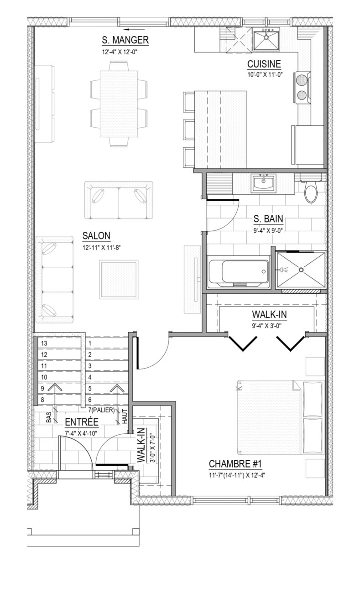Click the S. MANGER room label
tap(125, 40)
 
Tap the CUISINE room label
tap(264, 64)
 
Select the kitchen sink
tap(266, 40)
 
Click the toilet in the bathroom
tap(311, 188)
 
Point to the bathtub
tap(239, 271)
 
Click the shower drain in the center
tap(301, 270)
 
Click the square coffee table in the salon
tap(119, 280)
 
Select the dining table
tap(119, 104)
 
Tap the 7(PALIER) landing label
tap(101, 411)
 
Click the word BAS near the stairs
tap(49, 417)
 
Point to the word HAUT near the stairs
tap(125, 416)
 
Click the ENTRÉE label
tap(82, 422)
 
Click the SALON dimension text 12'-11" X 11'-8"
tap(101, 248)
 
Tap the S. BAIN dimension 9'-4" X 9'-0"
tap(268, 230)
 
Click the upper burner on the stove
tap(302, 80)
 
